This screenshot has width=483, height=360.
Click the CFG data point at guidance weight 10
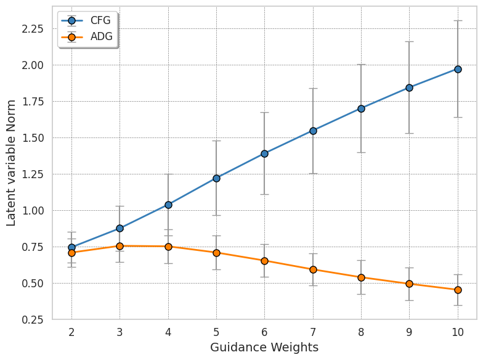tap(458, 69)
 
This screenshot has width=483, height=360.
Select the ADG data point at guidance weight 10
tap(458, 290)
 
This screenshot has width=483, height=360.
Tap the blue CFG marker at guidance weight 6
tap(264, 153)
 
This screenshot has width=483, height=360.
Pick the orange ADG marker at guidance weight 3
tap(120, 246)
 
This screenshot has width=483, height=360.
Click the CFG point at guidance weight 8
tap(361, 108)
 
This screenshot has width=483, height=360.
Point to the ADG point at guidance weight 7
tap(313, 269)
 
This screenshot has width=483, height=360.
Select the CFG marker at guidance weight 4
tap(168, 205)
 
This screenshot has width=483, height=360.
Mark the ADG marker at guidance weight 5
tap(216, 253)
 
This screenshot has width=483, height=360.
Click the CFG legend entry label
tap(100, 20)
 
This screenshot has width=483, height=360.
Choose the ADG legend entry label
tap(101, 37)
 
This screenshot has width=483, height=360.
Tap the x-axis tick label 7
tap(313, 332)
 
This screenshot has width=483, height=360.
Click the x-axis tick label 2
tap(71, 332)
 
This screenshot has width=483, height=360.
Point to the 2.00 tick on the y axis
tap(33, 65)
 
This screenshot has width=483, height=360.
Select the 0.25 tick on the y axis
tap(33, 320)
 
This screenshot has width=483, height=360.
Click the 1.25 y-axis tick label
tap(33, 174)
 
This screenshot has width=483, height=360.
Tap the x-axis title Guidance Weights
tap(264, 348)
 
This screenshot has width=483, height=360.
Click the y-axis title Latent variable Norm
tap(11, 163)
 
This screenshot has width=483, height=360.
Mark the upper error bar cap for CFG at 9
tap(410, 41)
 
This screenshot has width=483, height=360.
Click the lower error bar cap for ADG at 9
tap(410, 300)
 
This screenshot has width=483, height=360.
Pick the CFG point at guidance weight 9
tap(410, 88)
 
